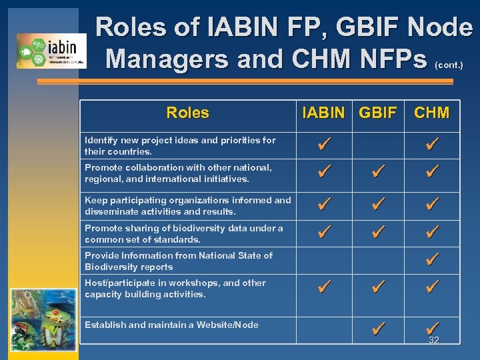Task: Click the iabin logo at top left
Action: [51, 51]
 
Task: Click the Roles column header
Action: [187, 113]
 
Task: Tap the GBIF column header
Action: [377, 113]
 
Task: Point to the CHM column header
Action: [431, 113]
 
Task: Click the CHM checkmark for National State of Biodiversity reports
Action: [432, 259]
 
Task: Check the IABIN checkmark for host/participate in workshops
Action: [325, 287]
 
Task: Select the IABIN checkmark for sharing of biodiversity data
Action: [325, 232]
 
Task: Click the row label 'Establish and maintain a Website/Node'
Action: [171, 325]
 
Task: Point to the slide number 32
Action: [433, 341]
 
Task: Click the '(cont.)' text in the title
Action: [449, 65]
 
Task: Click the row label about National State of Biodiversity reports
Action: [179, 261]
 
